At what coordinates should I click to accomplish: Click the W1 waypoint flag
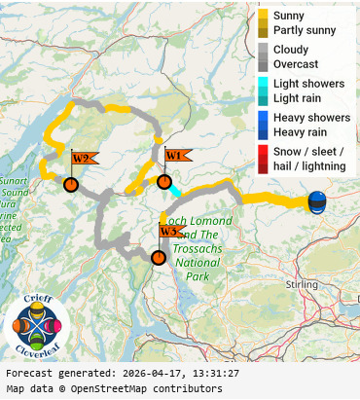pyautogui.click(x=175, y=156)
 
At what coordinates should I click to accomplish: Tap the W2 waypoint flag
pyautogui.click(x=82, y=159)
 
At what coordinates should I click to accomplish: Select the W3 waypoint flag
pyautogui.click(x=170, y=232)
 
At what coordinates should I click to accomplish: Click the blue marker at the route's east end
pyautogui.click(x=317, y=202)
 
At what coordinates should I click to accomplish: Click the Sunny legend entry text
pyautogui.click(x=289, y=17)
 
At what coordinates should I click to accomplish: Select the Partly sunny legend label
pyautogui.click(x=305, y=30)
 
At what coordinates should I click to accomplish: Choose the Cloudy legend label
pyautogui.click(x=292, y=50)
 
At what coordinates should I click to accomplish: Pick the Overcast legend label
pyautogui.click(x=296, y=63)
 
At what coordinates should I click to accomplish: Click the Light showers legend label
pyautogui.click(x=308, y=84)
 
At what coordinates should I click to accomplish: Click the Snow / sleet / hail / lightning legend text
pyautogui.click(x=309, y=159)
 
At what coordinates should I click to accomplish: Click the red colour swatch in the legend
pyautogui.click(x=263, y=159)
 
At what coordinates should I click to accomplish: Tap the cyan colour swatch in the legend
pyautogui.click(x=263, y=84)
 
